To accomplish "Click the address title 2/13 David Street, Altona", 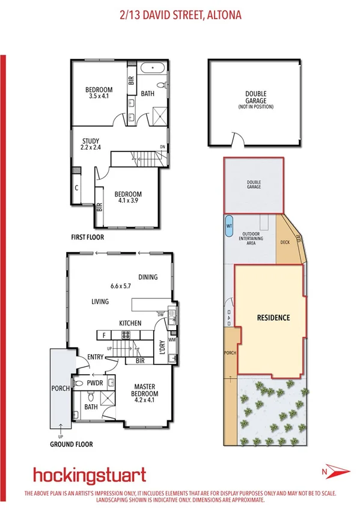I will pos(180,14).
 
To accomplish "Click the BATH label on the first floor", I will pos(147,94).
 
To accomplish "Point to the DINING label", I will pos(147,277).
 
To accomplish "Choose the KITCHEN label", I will pos(130,323).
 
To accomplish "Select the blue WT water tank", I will pos(229,226).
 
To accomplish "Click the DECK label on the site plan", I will pos(286,243).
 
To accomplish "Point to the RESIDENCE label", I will pos(273,318).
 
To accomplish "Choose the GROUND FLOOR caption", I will pos(75,446).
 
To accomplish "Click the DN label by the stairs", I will pos(162,147).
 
